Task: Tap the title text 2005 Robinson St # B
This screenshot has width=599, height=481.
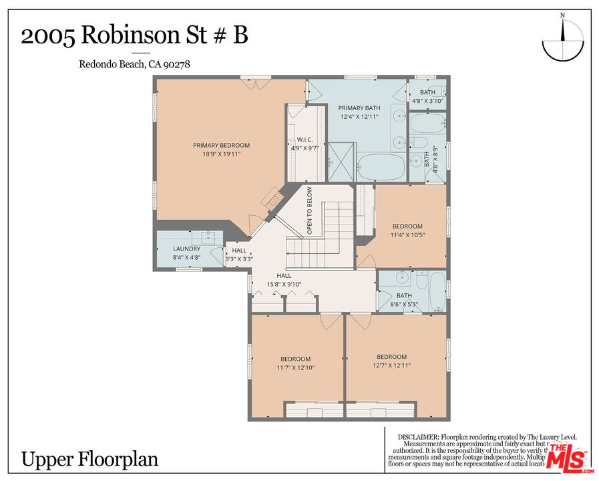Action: pos(134,36)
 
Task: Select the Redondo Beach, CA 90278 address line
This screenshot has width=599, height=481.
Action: pos(130,64)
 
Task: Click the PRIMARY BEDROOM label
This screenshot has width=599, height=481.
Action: pos(221,145)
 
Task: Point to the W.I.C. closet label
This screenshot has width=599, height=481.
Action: pos(296,140)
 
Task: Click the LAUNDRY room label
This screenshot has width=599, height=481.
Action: pos(186,249)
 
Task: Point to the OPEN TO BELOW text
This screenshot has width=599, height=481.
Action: pos(310,210)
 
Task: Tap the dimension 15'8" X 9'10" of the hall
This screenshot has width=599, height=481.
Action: pos(284,284)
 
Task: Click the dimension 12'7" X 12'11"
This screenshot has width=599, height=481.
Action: pos(391,365)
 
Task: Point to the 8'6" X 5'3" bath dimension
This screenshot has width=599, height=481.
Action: pos(404,304)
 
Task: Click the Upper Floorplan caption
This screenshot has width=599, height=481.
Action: pos(89,460)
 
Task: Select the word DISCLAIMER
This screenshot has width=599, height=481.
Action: pos(418,436)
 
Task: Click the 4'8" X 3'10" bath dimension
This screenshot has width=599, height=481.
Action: pos(427,101)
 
